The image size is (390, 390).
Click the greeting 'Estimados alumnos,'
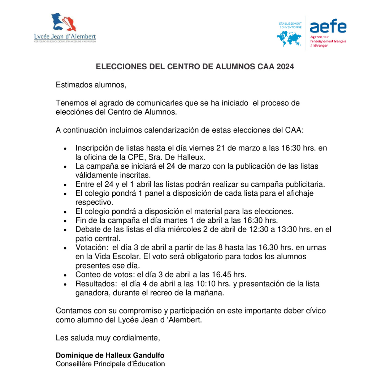91,86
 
